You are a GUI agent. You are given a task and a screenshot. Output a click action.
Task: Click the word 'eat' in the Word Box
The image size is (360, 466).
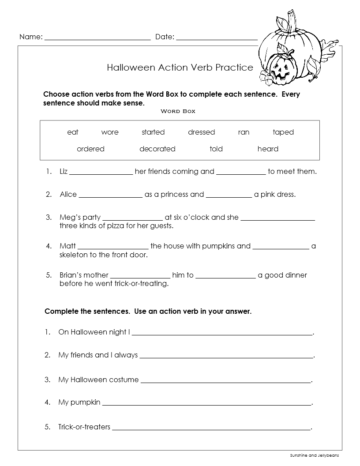tap(73, 132)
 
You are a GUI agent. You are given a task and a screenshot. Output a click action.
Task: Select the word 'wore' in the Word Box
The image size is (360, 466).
tap(110, 132)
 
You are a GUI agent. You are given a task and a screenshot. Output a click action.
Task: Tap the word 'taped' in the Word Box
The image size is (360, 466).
tap(283, 132)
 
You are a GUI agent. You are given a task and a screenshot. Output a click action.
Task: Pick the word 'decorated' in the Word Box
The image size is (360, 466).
tap(157, 149)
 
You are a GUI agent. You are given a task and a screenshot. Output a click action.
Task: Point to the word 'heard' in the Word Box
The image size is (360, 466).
tap(268, 149)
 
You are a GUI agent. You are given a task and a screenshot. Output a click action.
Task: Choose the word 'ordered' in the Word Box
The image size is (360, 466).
tap(90, 149)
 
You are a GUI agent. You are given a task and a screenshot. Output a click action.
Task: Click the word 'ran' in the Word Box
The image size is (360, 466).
tap(244, 132)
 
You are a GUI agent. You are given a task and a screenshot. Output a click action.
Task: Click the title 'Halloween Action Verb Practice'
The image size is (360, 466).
tap(180, 68)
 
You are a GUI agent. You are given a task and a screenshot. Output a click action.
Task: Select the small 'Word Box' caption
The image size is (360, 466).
tap(178, 111)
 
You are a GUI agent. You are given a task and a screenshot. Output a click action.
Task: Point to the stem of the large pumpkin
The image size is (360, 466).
tap(291, 22)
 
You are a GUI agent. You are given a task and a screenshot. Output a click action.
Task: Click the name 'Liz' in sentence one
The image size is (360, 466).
tap(64, 172)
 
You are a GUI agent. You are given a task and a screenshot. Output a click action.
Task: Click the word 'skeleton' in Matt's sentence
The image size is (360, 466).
tap(75, 255)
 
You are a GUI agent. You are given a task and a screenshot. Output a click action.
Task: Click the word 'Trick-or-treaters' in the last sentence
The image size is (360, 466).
tap(84, 427)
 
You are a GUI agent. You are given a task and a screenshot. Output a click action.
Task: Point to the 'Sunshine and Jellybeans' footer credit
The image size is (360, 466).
tap(314, 455)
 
